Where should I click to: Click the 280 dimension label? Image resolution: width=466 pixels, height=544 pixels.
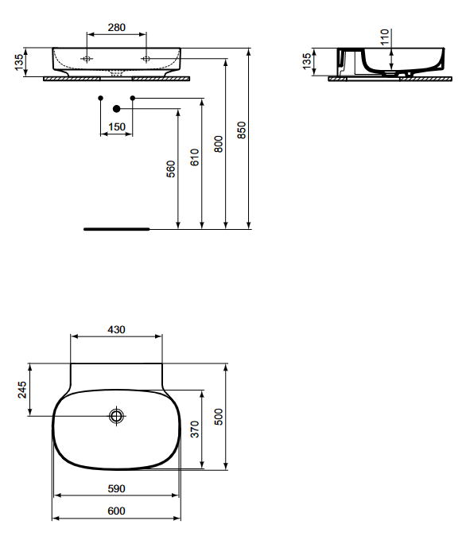click(117, 27)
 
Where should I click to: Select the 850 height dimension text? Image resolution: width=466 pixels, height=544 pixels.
click(242, 130)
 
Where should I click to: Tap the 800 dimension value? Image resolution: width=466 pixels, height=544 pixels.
click(218, 144)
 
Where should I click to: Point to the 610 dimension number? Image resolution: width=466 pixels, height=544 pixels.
click(195, 157)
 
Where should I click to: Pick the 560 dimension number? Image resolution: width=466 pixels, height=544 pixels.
click(171, 169)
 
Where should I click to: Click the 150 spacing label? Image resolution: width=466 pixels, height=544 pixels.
click(117, 127)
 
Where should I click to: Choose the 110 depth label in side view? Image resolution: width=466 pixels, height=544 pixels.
click(385, 37)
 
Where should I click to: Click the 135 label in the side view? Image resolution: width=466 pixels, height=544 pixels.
click(307, 61)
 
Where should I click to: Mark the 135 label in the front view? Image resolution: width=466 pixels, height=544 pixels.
click(19, 62)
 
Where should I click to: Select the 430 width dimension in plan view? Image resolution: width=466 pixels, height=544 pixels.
click(116, 329)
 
